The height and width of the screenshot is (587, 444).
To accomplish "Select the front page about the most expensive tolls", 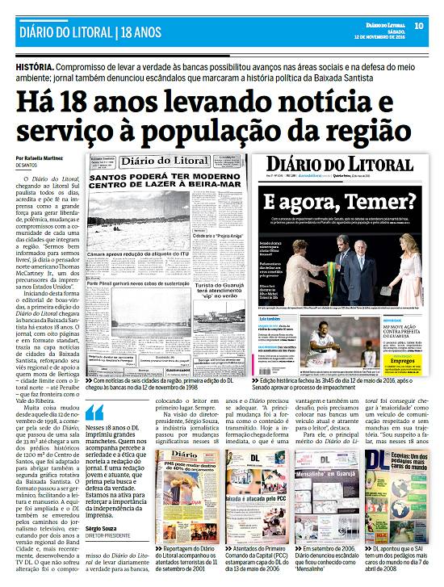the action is pos(396,493).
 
